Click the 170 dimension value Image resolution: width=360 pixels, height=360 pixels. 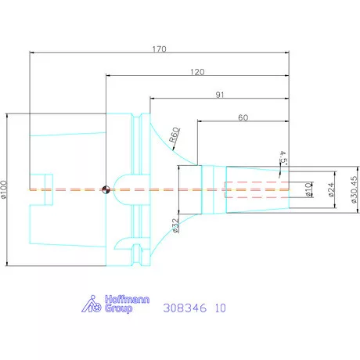159,49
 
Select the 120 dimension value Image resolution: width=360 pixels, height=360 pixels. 197,72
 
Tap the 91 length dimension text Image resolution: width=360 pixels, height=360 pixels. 220,95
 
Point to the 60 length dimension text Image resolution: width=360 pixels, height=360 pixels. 243,117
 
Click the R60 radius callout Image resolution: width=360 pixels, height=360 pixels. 175,135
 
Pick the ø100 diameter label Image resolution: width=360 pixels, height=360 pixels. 4,189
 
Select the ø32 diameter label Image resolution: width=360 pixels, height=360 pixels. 176,225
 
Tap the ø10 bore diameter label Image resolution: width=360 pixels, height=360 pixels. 308,189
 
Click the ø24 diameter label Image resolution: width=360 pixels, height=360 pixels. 331,189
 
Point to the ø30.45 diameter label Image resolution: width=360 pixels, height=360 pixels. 354,189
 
